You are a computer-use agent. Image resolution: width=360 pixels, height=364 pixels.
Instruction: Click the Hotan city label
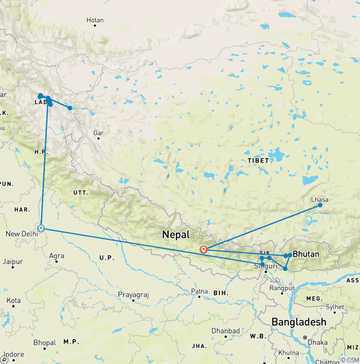click(95, 20)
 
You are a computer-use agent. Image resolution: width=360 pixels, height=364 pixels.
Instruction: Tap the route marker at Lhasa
click(320, 205)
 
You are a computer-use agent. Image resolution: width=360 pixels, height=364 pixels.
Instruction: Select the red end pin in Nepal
click(203, 250)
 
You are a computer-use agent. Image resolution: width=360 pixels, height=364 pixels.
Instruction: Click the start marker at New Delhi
click(41, 228)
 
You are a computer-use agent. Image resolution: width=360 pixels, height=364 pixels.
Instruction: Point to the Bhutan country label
click(306, 254)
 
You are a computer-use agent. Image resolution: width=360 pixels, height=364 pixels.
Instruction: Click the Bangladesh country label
click(299, 322)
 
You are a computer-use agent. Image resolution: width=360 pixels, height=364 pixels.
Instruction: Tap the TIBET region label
click(258, 160)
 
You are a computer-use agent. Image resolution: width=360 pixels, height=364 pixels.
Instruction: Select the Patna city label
click(199, 291)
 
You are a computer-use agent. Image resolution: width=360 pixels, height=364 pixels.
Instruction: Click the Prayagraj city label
click(133, 295)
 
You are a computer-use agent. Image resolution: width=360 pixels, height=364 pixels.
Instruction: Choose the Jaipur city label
click(13, 261)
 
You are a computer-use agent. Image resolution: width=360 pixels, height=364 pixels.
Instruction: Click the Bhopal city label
click(45, 343)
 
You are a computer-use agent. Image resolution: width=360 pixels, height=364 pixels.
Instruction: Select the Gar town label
click(98, 133)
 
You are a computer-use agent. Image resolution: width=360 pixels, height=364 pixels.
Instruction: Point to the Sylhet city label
click(335, 307)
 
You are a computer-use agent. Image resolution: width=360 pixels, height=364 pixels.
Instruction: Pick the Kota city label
click(14, 300)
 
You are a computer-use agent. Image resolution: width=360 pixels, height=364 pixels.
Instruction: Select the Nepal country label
click(176, 235)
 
